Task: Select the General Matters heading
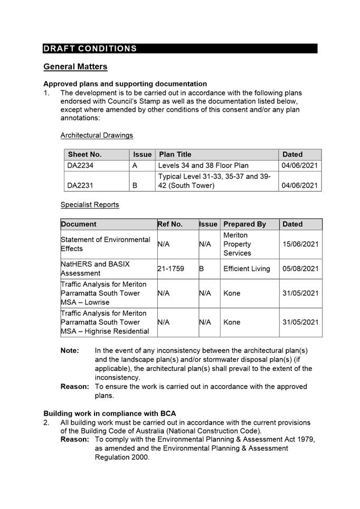coord(75,67)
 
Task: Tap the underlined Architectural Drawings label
coord(97,136)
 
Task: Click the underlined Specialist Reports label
coord(90,205)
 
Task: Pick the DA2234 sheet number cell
coord(80,166)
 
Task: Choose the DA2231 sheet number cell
coord(80,186)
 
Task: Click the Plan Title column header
coord(175,155)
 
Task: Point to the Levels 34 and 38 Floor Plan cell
coord(203,166)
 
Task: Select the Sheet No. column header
coord(84,155)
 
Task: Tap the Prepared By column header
coord(244,224)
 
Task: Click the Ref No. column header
coord(170,224)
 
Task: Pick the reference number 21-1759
coord(171,269)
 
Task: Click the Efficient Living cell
coord(247,269)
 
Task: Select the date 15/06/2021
coord(300,244)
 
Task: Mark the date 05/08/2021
coord(300,269)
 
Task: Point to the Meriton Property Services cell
coord(238,244)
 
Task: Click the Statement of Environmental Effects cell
coord(106,244)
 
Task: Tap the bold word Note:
coord(70,351)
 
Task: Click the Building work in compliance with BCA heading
coord(110,414)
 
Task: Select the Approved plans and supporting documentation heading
coord(125,84)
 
